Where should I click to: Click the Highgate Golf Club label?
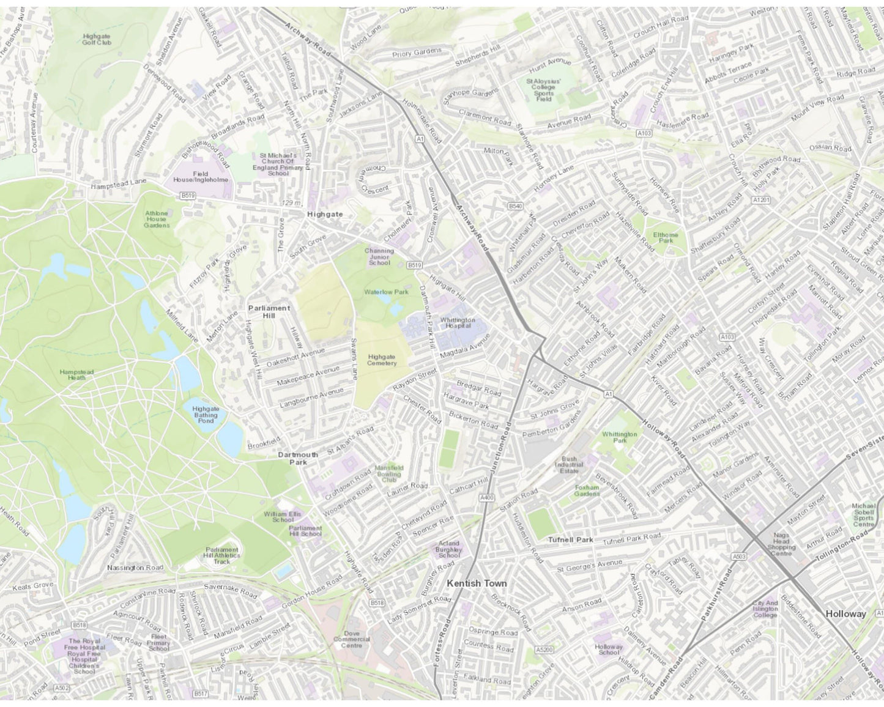(97, 39)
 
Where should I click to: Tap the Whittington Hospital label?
(457, 323)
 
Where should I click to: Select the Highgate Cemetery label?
(382, 360)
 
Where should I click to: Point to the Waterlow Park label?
(386, 292)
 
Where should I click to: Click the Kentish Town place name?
(477, 583)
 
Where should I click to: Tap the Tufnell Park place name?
(570, 540)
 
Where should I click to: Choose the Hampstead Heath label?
(76, 374)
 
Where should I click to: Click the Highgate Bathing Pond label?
(206, 414)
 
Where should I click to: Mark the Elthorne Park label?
(666, 237)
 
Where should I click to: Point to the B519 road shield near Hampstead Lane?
(187, 195)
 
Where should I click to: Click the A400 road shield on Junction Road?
(486, 498)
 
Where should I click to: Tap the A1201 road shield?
(761, 200)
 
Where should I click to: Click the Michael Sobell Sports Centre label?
(864, 515)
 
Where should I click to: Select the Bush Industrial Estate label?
(569, 464)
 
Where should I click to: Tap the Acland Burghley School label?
(448, 549)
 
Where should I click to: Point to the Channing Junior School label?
(379, 256)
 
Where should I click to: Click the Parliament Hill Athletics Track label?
(222, 555)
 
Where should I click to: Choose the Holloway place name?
(845, 613)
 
